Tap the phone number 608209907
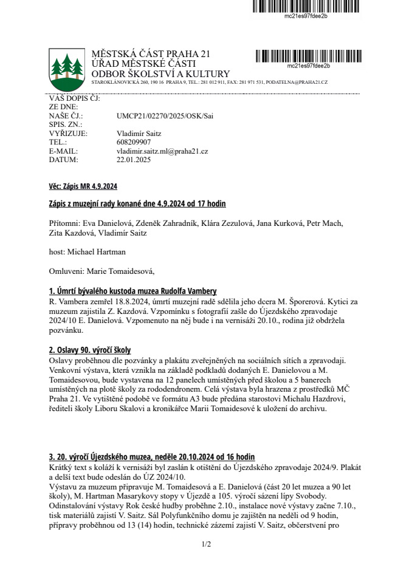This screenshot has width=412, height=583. pyautogui.click(x=134, y=142)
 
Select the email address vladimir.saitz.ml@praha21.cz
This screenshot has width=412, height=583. pyautogui.click(x=162, y=151)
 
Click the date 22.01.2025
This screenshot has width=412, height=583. pyautogui.click(x=133, y=160)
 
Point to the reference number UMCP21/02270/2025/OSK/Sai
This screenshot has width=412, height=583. pyautogui.click(x=165, y=115)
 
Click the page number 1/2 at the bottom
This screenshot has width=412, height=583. pyautogui.click(x=206, y=544)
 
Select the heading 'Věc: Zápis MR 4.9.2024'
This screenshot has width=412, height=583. pyautogui.click(x=83, y=186)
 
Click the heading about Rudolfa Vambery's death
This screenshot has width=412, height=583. pyautogui.click(x=132, y=291)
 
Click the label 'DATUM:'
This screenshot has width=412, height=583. pyautogui.click(x=63, y=160)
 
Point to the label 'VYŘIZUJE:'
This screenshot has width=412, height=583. pyautogui.click(x=68, y=133)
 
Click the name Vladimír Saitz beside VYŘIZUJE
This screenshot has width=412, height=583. pyautogui.click(x=138, y=133)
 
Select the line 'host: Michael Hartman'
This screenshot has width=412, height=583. pyautogui.click(x=88, y=250)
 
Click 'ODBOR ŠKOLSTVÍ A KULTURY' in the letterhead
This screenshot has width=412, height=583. pyautogui.click(x=152, y=74)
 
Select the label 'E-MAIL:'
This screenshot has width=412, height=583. pyautogui.click(x=64, y=151)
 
